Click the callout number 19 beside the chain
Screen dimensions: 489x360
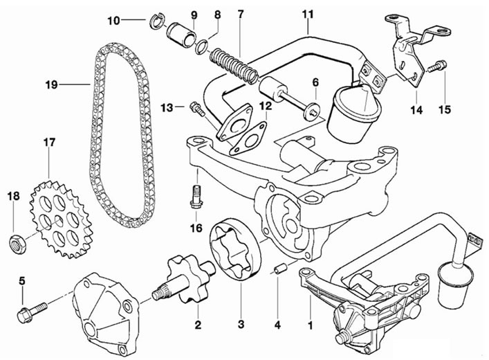[51, 84]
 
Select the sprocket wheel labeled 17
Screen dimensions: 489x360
[61, 219]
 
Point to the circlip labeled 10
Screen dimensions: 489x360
[158, 21]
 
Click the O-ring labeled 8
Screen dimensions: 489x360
[201, 46]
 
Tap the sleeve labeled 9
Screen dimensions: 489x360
[183, 35]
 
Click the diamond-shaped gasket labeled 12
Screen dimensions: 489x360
[248, 139]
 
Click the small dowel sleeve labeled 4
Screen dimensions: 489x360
[279, 269]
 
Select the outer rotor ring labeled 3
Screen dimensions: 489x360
[236, 249]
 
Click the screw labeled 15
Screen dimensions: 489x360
[437, 66]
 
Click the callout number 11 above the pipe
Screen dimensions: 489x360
[308, 14]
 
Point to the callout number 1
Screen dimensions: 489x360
[311, 325]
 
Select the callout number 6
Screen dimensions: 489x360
[315, 82]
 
